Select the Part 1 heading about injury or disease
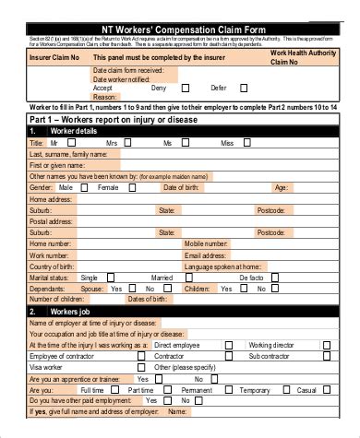(x=103, y=120)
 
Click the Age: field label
(x=281, y=187)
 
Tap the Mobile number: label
(x=207, y=243)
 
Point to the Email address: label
(x=206, y=255)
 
